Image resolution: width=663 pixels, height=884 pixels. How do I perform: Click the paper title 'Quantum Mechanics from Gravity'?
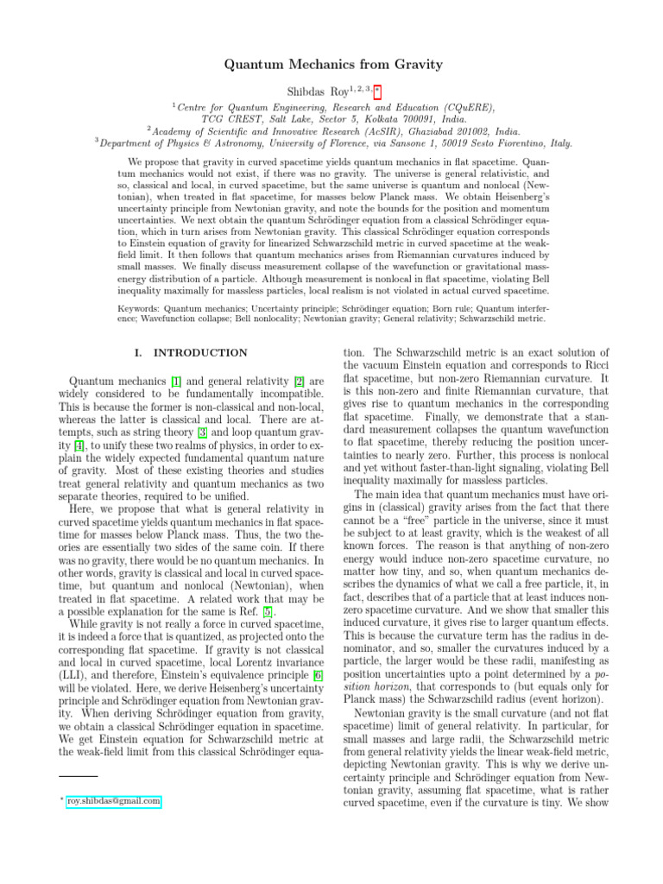point(333,65)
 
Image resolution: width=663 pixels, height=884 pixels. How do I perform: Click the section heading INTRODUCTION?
point(199,352)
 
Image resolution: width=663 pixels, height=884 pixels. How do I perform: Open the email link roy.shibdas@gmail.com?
point(113,802)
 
